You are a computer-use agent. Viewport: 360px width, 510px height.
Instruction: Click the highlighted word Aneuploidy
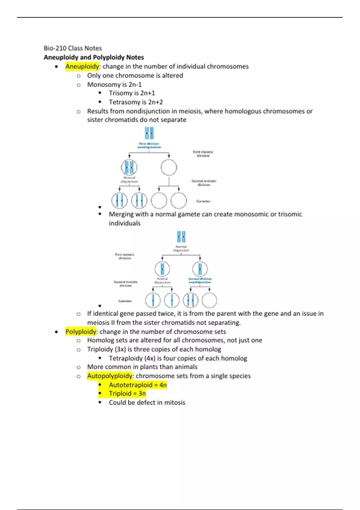tap(82, 66)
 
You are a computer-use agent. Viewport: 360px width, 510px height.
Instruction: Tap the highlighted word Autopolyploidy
tap(110, 376)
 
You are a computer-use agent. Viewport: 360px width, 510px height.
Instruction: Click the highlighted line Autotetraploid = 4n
tap(138, 385)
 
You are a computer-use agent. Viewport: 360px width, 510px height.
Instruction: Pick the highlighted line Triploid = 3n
tap(127, 394)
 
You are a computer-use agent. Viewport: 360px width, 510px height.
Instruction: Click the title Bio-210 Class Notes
tap(73, 48)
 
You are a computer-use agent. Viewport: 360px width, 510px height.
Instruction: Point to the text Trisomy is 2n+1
tap(132, 93)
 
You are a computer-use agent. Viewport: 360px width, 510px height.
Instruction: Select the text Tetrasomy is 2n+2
tap(136, 102)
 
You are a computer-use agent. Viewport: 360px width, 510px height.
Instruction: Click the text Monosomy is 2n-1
tap(114, 85)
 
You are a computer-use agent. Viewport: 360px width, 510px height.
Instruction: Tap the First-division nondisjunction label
tap(149, 145)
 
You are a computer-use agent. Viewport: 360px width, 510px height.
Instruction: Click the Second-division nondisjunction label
tap(200, 280)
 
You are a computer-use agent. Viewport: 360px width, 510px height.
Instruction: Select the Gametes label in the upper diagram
tap(203, 201)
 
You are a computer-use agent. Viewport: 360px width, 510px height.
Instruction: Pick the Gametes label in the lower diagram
tap(125, 301)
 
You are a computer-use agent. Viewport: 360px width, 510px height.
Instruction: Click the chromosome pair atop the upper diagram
tap(149, 133)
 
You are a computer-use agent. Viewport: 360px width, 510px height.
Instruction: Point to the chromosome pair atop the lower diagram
tap(181, 237)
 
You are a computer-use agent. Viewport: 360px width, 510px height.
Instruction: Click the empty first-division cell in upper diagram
tap(169, 167)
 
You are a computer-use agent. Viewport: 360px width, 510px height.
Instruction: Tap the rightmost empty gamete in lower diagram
tap(209, 300)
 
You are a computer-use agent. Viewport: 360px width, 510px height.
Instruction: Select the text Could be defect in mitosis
tap(147, 403)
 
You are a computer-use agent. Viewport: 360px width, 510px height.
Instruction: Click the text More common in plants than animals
tap(142, 367)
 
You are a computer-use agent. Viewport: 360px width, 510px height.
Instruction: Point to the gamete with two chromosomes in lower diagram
tap(190, 300)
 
